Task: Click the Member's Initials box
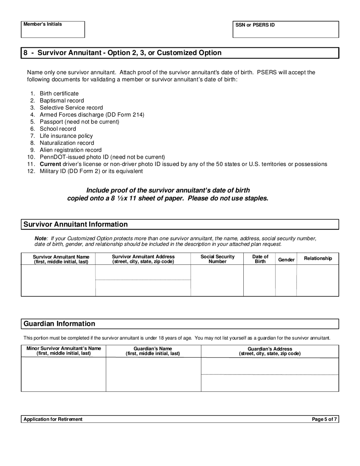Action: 53,30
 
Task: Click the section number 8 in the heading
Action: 25,53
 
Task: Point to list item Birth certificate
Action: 59,94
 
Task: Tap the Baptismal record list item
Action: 62,101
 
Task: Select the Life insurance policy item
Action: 66,136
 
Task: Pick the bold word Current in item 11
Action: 50,164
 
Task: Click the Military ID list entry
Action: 91,171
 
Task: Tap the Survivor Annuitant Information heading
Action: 75,224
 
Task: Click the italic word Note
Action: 41,239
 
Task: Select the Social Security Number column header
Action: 218,259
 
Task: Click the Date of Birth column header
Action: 260,259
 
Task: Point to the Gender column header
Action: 286,260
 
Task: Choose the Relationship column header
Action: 318,258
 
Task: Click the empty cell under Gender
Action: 286,280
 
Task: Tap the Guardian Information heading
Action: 59,324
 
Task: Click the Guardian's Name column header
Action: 153,351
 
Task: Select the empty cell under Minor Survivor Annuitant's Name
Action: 63,375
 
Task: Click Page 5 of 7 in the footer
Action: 324,419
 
